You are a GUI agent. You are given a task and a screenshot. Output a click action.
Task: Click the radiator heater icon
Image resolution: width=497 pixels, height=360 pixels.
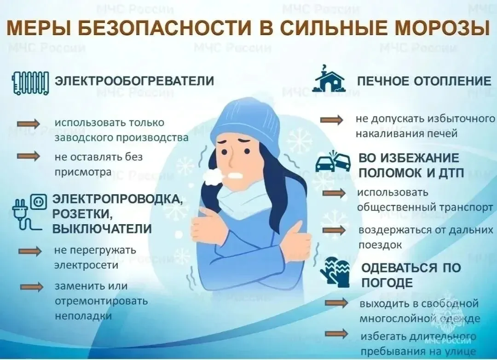click(x=30, y=82)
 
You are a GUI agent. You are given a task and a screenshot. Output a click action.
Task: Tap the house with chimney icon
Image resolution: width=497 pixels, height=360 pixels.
click(x=328, y=79)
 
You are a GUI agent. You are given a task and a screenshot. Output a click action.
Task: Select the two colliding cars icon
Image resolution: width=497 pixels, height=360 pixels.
click(x=333, y=162)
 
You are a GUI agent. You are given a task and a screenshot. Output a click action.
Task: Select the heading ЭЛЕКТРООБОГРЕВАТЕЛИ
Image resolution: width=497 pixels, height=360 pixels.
click(x=134, y=81)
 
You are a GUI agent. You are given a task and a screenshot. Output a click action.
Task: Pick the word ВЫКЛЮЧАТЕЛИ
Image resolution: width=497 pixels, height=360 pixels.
click(x=102, y=229)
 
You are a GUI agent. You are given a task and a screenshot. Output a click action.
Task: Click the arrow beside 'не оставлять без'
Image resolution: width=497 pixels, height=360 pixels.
click(x=29, y=157)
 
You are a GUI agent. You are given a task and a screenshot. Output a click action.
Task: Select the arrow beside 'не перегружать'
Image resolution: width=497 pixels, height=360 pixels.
click(x=30, y=251)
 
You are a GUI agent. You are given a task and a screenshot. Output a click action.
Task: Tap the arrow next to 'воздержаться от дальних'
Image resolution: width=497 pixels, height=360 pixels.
click(x=334, y=230)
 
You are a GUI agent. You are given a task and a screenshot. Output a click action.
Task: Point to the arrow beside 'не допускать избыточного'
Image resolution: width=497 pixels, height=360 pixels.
click(x=331, y=120)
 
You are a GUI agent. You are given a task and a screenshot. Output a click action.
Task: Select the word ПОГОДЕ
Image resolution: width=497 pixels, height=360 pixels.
click(x=387, y=283)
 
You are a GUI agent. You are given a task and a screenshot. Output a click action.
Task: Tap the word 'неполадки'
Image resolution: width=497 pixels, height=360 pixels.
click(x=83, y=316)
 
